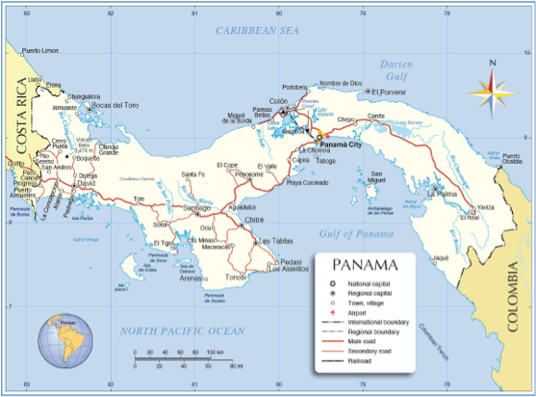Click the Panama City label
pyautogui.click(x=342, y=145)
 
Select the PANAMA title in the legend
pyautogui.click(x=366, y=265)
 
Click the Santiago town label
pyautogui.click(x=196, y=208)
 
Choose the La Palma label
pyautogui.click(x=442, y=194)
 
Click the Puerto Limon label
pyautogui.click(x=40, y=50)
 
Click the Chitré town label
pyautogui.click(x=255, y=220)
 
